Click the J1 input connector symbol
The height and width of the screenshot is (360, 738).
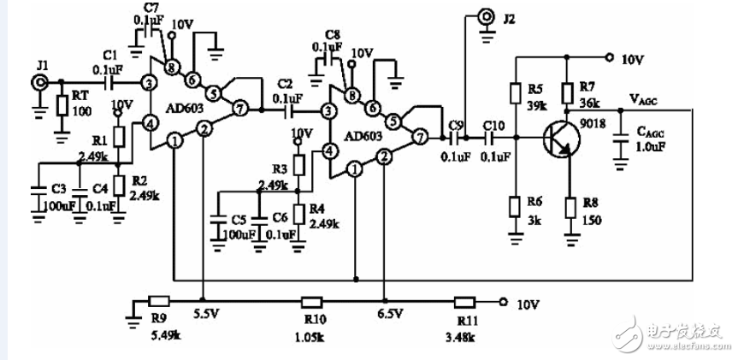pos(40,82)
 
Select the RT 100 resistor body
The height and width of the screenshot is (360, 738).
pos(62,106)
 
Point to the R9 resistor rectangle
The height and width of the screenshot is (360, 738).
pos(159,301)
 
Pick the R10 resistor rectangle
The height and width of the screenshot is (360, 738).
pos(310,301)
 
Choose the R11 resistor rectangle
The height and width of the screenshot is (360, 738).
pos(464,301)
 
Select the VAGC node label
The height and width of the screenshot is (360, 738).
pos(652,99)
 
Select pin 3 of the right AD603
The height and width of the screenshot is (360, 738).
pos(328,109)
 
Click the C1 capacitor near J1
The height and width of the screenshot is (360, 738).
pos(110,83)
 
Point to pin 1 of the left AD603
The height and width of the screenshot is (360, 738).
pos(173,139)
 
